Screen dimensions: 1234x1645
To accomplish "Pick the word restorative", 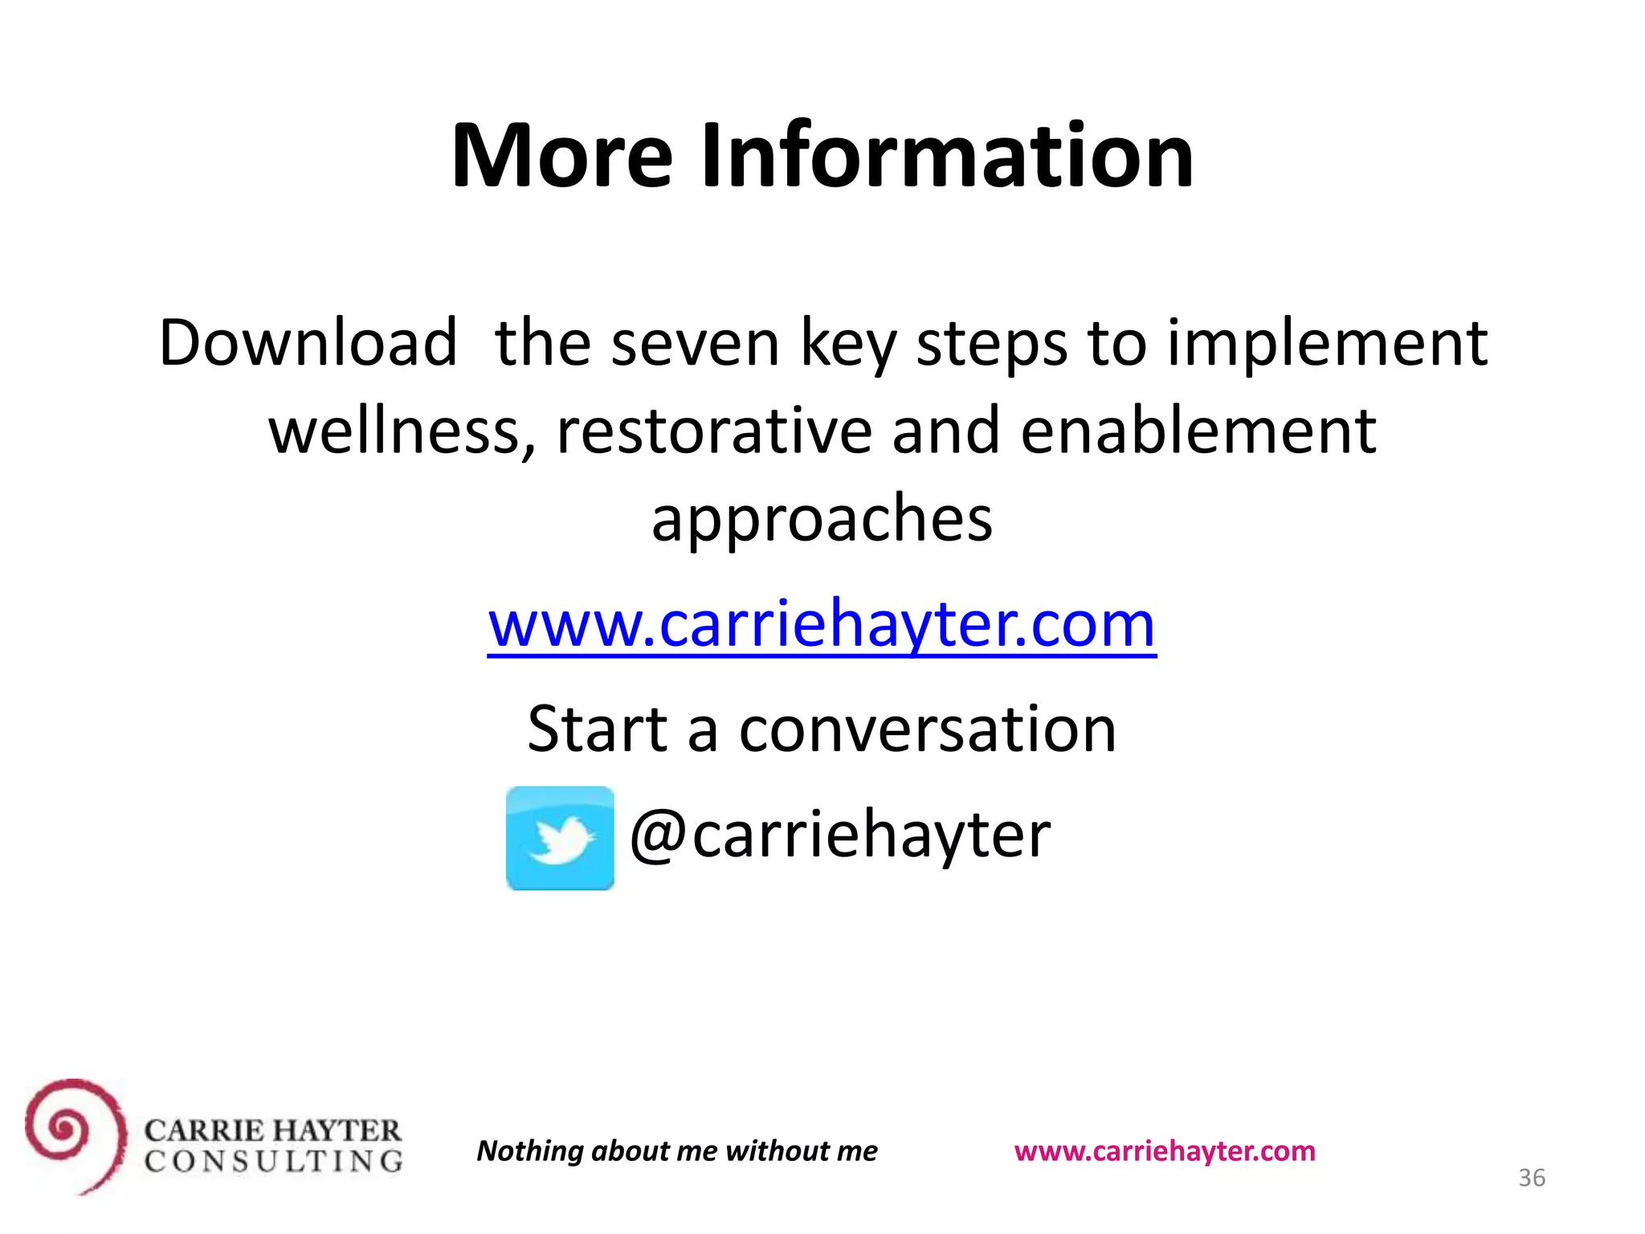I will [714, 431].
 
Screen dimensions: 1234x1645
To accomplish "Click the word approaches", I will [822, 520].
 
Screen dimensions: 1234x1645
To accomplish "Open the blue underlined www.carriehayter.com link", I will [822, 624].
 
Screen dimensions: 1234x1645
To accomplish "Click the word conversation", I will [928, 729].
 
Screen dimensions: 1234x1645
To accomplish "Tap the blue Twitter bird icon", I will [560, 838].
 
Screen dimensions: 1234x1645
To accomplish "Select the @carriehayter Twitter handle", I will [840, 835].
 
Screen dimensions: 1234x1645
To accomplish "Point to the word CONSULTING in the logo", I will [273, 1162].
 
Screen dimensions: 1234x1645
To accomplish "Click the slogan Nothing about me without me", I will [677, 1151].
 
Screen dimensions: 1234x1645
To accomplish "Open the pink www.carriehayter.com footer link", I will [1165, 1151].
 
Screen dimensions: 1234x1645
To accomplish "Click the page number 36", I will [1531, 1178].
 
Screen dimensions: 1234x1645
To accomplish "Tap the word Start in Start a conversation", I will [598, 729].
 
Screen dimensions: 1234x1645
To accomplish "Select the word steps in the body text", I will [992, 343].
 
